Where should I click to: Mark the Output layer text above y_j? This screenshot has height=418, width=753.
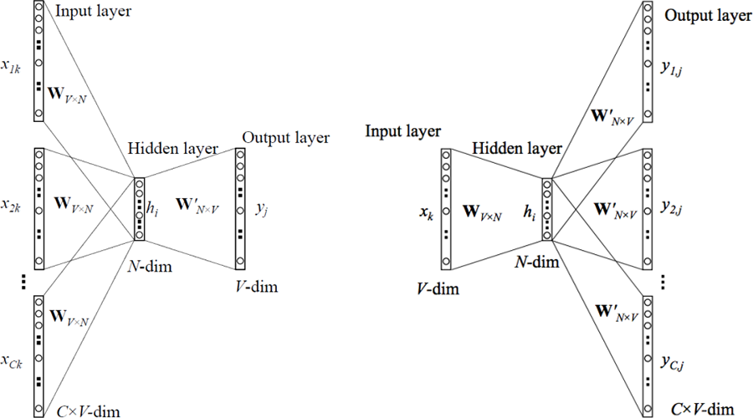285,137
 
